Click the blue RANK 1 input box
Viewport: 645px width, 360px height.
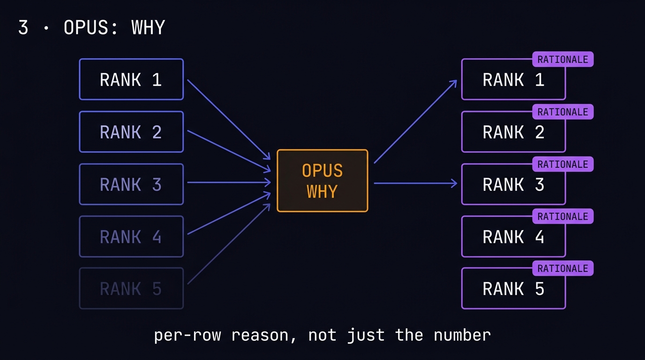click(x=131, y=79)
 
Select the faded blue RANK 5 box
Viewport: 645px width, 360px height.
click(x=131, y=288)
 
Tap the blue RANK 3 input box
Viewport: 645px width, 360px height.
click(x=131, y=184)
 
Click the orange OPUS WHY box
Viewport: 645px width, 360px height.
click(x=322, y=181)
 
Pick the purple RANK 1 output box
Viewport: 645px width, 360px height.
click(x=513, y=80)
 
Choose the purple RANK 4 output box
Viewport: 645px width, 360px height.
click(x=513, y=237)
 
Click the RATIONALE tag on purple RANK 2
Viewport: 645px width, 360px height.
click(x=562, y=112)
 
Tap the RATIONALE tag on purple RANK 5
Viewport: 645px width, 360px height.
click(x=562, y=269)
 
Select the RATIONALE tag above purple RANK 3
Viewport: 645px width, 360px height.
click(x=562, y=165)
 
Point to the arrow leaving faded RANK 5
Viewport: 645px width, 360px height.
click(x=228, y=244)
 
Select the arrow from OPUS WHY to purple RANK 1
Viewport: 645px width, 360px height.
click(x=415, y=122)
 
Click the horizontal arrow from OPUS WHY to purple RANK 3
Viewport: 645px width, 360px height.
click(x=415, y=183)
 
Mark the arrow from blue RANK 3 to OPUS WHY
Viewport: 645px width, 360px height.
click(x=228, y=183)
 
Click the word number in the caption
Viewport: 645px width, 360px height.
click(x=462, y=335)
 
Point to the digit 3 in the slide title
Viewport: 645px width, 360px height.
click(x=23, y=28)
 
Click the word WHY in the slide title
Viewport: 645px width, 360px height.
click(x=148, y=28)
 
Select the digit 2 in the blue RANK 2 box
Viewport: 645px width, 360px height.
click(x=157, y=132)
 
